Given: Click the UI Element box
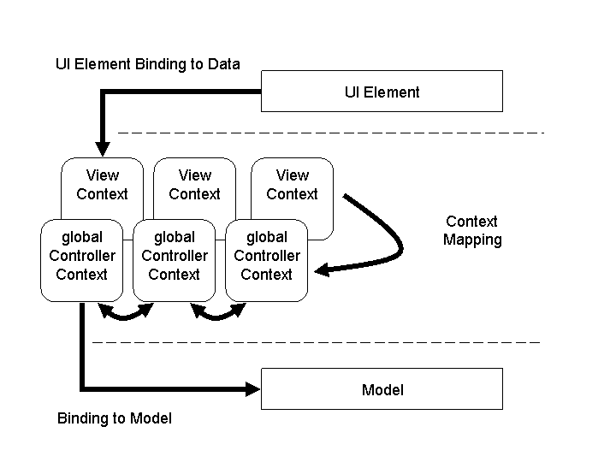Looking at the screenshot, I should pos(382,92).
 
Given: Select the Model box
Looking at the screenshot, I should pos(382,389).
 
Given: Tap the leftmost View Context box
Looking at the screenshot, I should pos(102,184).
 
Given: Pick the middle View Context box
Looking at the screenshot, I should pos(194,184).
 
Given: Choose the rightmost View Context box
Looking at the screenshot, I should pos(292,184).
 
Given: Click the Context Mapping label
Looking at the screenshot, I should pos(472,231).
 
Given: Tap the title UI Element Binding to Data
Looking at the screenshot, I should pos(147,64).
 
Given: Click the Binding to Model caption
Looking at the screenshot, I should pos(114,418).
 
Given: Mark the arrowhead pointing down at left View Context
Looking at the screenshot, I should pos(102,147).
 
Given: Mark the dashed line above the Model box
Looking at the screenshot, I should pos(317,341).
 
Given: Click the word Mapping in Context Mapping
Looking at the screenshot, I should pos(472,240).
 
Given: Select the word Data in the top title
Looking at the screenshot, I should pos(224,64).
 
